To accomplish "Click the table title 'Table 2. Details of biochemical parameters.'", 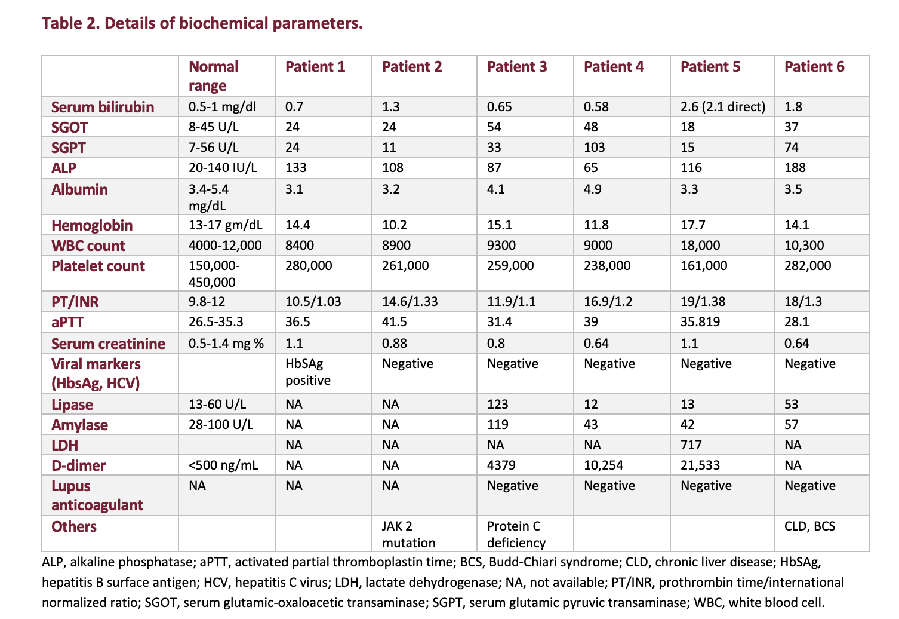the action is tap(202, 24).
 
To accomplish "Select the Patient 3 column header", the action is tap(516, 67).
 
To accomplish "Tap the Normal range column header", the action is tap(213, 76).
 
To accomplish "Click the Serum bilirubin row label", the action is tap(103, 107).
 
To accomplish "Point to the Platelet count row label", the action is tap(98, 266).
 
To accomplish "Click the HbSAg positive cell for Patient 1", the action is tap(307, 372).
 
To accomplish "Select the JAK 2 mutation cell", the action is tap(408, 534).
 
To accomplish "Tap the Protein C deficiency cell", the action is tap(516, 534).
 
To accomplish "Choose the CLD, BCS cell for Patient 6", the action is tap(809, 526).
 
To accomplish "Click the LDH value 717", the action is tap(691, 445).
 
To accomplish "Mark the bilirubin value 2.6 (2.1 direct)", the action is tap(722, 107).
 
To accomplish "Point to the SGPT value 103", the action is tap(594, 148).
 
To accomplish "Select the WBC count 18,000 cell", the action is tap(700, 246).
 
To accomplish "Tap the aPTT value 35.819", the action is tap(700, 322).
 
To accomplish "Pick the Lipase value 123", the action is tap(497, 405).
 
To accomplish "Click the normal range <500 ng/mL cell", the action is tap(223, 465).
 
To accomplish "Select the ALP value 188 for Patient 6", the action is tap(795, 168).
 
